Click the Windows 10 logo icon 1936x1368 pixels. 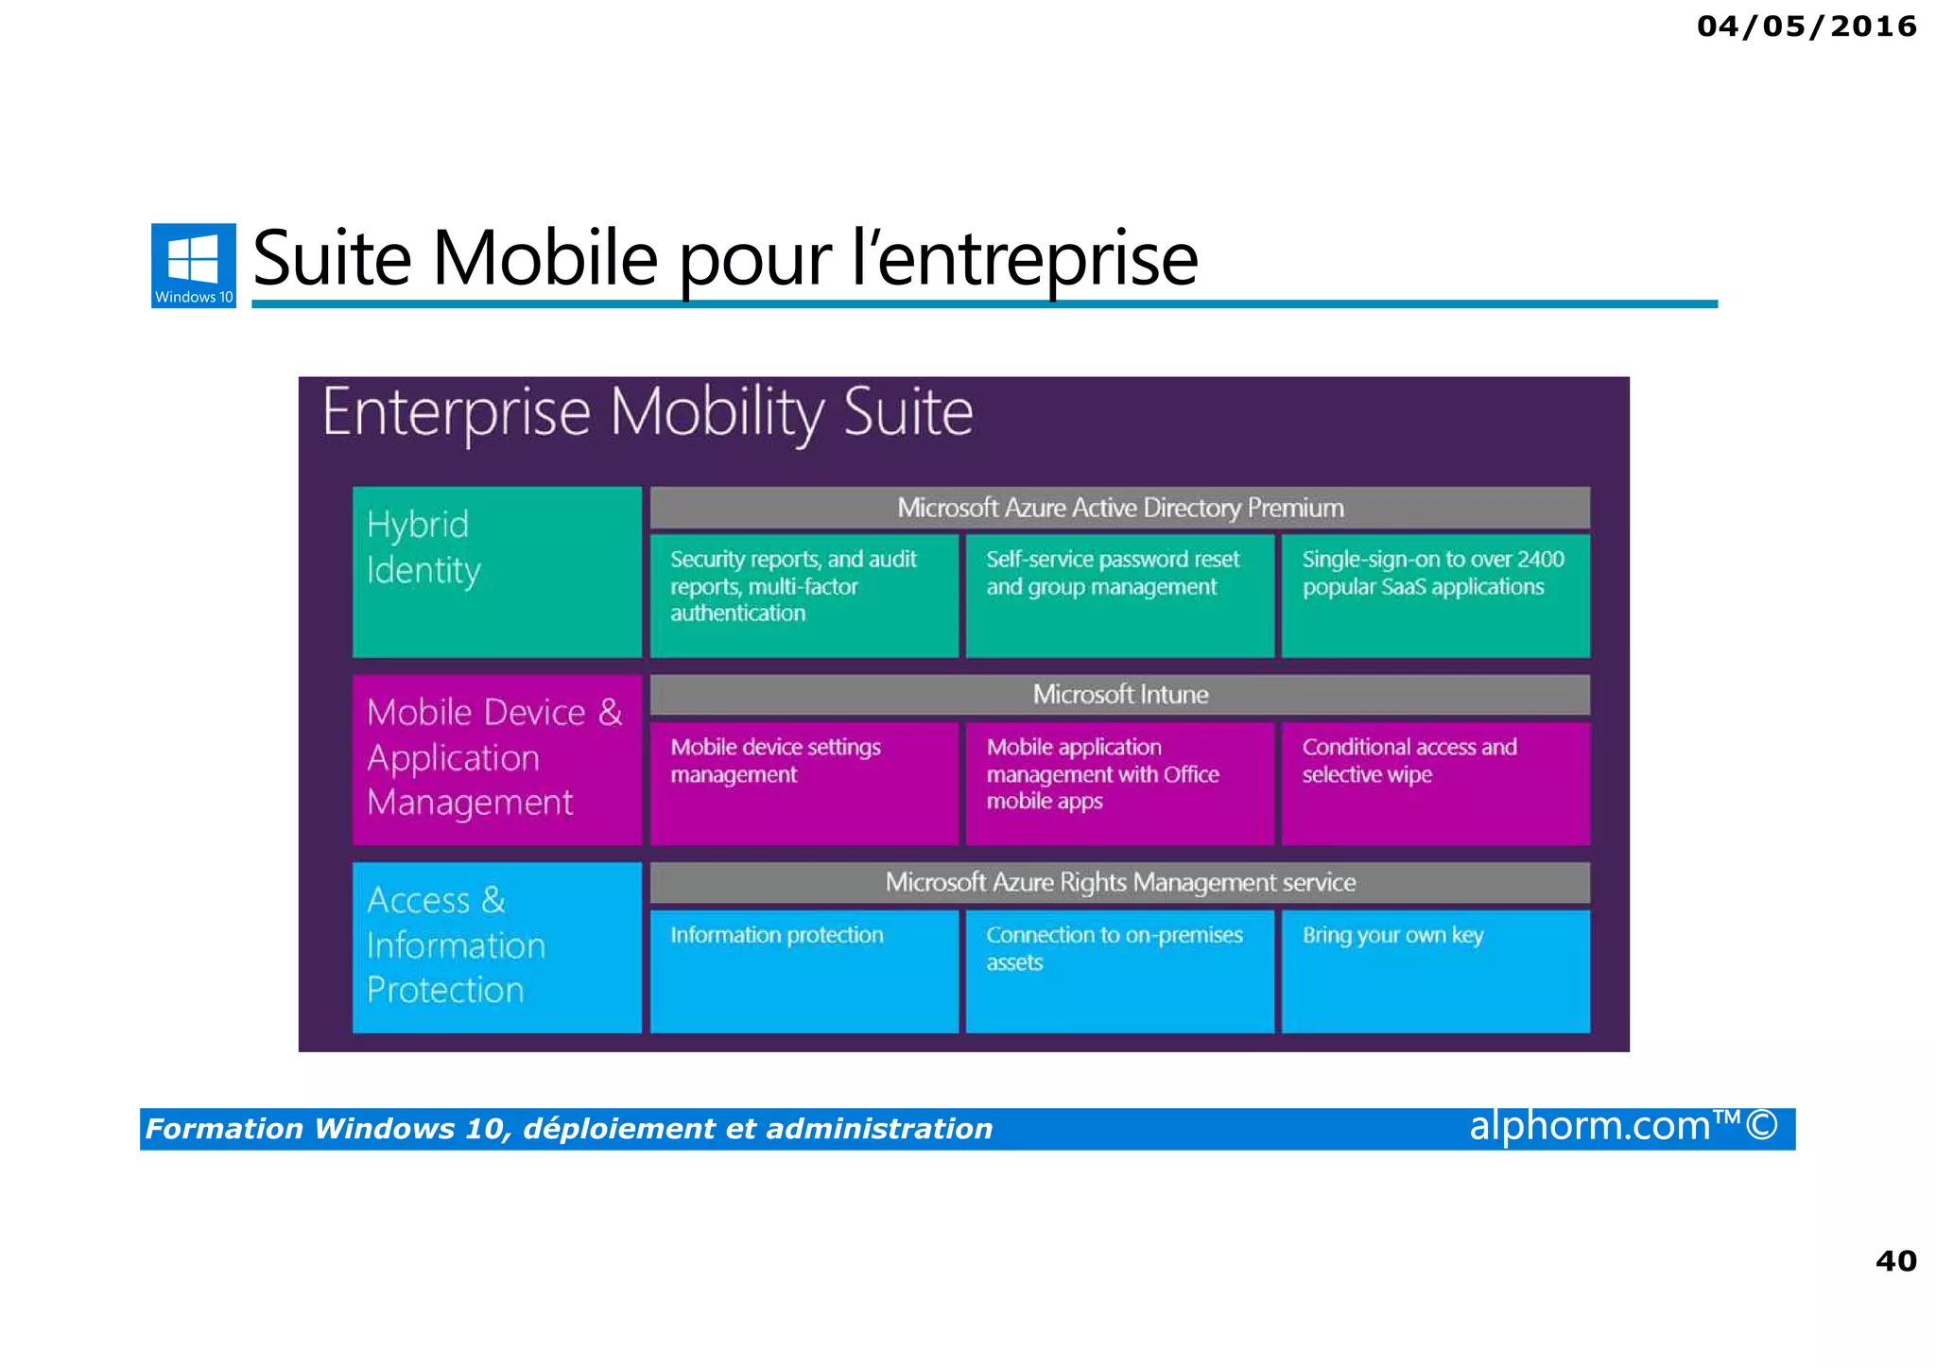click(193, 265)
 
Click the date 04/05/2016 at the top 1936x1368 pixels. click(1806, 26)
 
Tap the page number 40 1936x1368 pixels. click(1895, 1260)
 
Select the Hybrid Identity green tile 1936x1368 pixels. click(496, 571)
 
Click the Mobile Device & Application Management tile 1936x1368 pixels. click(496, 758)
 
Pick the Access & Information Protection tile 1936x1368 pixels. click(496, 946)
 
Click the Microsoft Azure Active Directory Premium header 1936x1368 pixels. click(1119, 508)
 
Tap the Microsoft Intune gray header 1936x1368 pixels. click(1119, 695)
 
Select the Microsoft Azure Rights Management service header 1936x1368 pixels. click(1119, 882)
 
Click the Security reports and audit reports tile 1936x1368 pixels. click(804, 595)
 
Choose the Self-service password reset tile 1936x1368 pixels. click(1119, 595)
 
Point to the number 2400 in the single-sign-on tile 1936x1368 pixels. click(1540, 560)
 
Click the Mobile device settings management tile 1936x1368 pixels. click(804, 782)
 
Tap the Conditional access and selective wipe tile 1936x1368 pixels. click(1435, 782)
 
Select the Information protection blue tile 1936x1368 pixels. click(804, 970)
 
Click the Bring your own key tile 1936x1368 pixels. click(1435, 970)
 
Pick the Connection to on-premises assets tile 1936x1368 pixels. click(1119, 970)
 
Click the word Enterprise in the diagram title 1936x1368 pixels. click(457, 413)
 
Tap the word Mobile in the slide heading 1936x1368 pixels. click(544, 259)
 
